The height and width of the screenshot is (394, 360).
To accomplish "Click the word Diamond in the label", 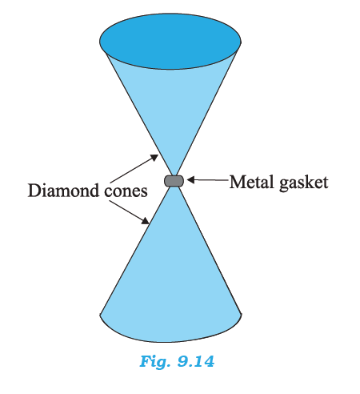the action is coord(64,191).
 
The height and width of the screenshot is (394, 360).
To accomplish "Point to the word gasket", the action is coord(304,184).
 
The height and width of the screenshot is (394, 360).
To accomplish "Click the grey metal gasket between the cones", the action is coord(174,181).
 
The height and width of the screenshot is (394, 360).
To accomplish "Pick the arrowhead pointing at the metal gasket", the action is coord(191,180).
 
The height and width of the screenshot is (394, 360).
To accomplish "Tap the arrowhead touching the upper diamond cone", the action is coord(154,157).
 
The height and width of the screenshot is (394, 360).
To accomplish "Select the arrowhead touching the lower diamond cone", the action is coord(146,220).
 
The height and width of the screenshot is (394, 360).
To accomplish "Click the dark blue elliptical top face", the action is coord(170,42).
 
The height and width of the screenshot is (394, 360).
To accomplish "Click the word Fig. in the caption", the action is coord(155,362).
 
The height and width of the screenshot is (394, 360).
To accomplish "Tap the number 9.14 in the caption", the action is coord(196,361).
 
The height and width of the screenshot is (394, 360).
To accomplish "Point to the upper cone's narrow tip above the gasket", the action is coord(174,175).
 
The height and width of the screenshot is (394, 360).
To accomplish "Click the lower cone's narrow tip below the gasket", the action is coord(174,187).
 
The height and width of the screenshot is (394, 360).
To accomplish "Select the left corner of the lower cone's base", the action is coord(100,315).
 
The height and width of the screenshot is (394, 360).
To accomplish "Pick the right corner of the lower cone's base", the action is coord(242,315).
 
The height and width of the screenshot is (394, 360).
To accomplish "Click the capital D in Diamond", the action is coord(34,191).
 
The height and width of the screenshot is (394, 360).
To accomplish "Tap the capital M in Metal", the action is coord(237,182).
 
